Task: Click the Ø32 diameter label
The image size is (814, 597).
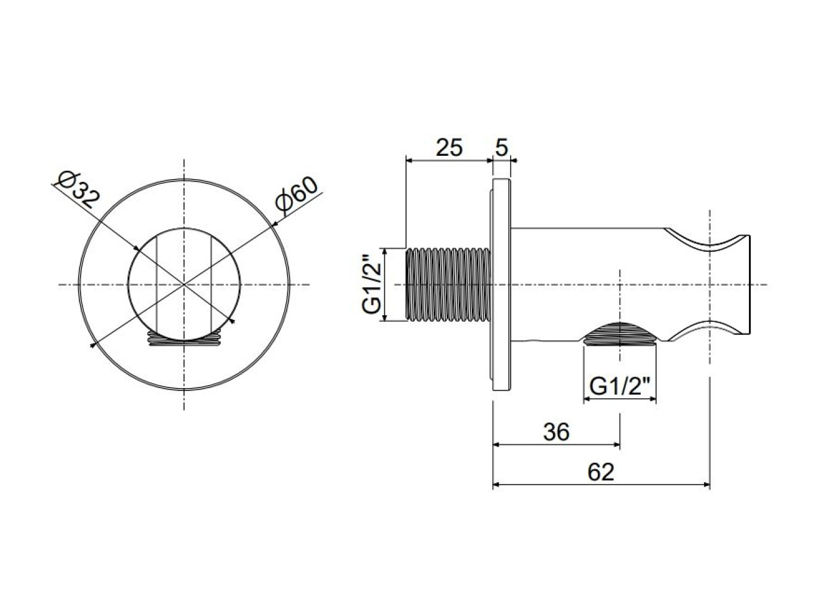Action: pyautogui.click(x=79, y=190)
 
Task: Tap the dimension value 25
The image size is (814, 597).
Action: pyautogui.click(x=450, y=147)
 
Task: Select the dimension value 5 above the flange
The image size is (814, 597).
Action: pyautogui.click(x=502, y=147)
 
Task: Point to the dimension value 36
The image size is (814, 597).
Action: pyautogui.click(x=556, y=432)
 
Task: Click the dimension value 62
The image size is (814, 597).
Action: pyautogui.click(x=601, y=472)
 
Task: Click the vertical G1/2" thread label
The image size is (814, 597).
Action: pyautogui.click(x=371, y=285)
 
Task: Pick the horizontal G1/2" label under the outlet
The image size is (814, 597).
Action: pyautogui.click(x=619, y=386)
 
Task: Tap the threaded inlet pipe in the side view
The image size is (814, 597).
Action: pyautogui.click(x=449, y=285)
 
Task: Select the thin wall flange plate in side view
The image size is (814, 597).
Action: pyautogui.click(x=502, y=285)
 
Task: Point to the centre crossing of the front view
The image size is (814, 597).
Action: pyautogui.click(x=185, y=284)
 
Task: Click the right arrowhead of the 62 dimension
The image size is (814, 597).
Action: pyautogui.click(x=706, y=484)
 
